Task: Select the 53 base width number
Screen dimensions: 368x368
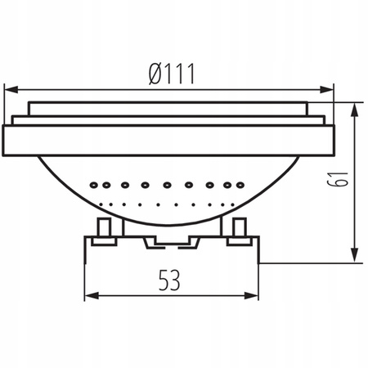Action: [x=169, y=280]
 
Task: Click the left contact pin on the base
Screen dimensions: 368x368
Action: [x=105, y=230]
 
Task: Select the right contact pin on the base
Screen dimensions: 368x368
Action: [x=239, y=230]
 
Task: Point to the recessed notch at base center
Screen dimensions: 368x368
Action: [x=172, y=240]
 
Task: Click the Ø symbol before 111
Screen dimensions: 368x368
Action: [x=153, y=73]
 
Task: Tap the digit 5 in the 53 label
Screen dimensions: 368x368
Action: [x=162, y=280]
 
